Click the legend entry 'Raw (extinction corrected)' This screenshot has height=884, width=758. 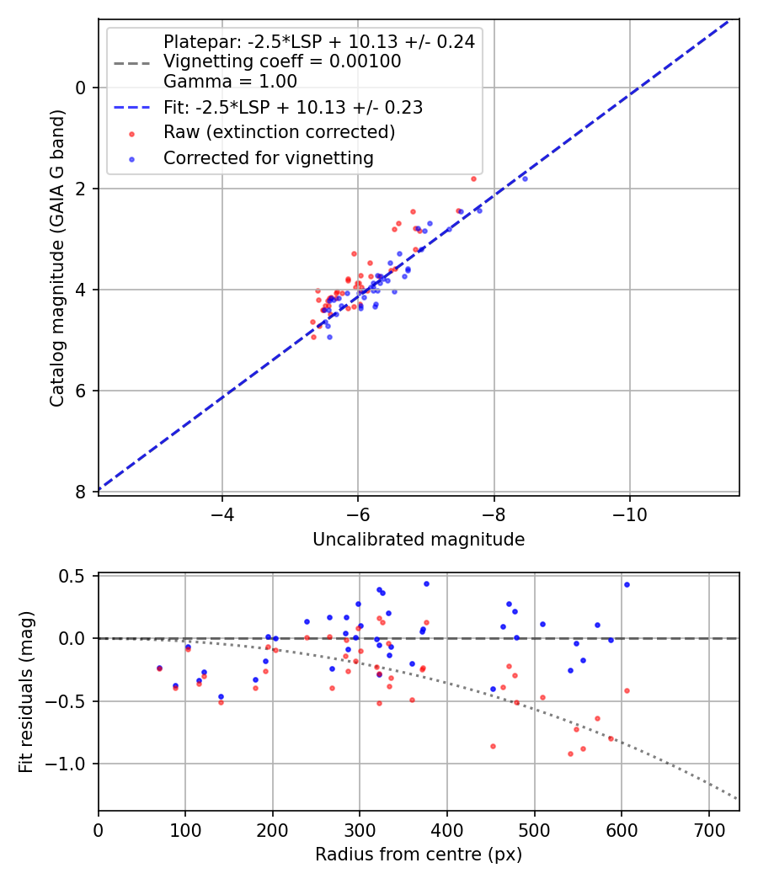(x=279, y=132)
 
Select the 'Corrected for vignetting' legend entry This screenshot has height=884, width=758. (x=268, y=157)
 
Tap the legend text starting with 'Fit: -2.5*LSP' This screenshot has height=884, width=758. (x=292, y=108)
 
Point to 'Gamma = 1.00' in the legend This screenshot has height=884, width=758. (x=230, y=82)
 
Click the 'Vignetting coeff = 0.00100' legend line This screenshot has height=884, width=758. (x=281, y=61)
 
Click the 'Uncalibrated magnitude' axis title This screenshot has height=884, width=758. (x=419, y=540)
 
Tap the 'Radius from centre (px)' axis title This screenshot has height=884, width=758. (x=419, y=855)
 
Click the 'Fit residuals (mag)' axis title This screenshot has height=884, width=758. (x=27, y=691)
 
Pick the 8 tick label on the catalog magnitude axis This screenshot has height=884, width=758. (x=81, y=492)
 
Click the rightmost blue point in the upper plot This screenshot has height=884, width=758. (x=525, y=178)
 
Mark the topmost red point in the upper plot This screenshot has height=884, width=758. (x=473, y=178)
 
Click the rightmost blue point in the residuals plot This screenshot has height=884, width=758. (x=627, y=584)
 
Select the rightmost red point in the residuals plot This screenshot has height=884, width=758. (x=627, y=690)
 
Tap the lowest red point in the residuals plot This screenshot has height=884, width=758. (x=570, y=754)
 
